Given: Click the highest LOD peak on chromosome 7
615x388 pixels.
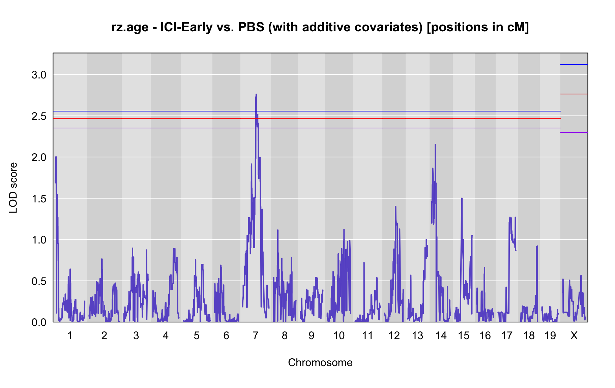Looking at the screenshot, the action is (x=256, y=95).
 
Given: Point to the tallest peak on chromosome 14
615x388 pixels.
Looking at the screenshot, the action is (x=435, y=145).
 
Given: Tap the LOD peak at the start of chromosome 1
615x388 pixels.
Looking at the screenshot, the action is (x=56, y=157).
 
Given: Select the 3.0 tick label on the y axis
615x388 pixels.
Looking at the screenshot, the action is (x=39, y=75).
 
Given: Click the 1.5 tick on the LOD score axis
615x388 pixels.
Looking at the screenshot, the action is (x=39, y=199).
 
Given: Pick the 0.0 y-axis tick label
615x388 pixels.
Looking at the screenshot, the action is (x=39, y=323).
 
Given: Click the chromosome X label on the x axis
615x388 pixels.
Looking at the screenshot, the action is (x=574, y=335).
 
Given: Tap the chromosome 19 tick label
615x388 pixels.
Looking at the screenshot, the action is (x=550, y=335).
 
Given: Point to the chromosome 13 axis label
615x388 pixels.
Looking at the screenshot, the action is (x=417, y=335).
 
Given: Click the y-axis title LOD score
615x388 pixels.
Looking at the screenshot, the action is (x=13, y=188).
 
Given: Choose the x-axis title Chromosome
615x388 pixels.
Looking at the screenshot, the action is (x=320, y=362).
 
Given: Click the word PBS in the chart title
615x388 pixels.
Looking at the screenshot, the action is (x=251, y=27).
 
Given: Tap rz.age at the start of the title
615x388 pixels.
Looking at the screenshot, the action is (x=130, y=28).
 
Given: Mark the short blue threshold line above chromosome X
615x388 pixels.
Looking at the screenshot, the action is (x=574, y=65).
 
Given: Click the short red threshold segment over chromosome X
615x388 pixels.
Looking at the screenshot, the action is (x=574, y=94).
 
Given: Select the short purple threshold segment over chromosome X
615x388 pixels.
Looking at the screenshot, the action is (x=574, y=132).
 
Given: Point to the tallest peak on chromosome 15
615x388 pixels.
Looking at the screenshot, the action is (x=462, y=198).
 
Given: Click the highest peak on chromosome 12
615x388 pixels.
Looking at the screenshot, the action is (x=396, y=206).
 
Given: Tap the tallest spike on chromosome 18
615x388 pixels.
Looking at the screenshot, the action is (x=537, y=246).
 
